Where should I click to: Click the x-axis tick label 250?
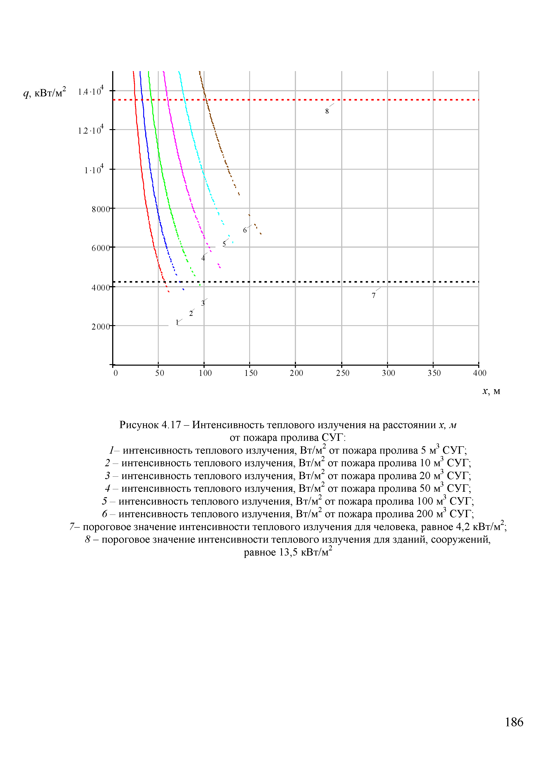pyautogui.click(x=343, y=373)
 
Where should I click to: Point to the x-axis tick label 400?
pyautogui.click(x=480, y=373)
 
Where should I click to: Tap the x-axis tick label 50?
pyautogui.click(x=160, y=373)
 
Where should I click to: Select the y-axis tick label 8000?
pyautogui.click(x=101, y=209)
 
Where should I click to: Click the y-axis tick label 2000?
pyautogui.click(x=101, y=326)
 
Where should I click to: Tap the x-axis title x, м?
pyautogui.click(x=491, y=391)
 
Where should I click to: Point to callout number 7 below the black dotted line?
pyautogui.click(x=374, y=295)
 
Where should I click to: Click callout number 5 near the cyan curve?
pyautogui.click(x=224, y=244)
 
